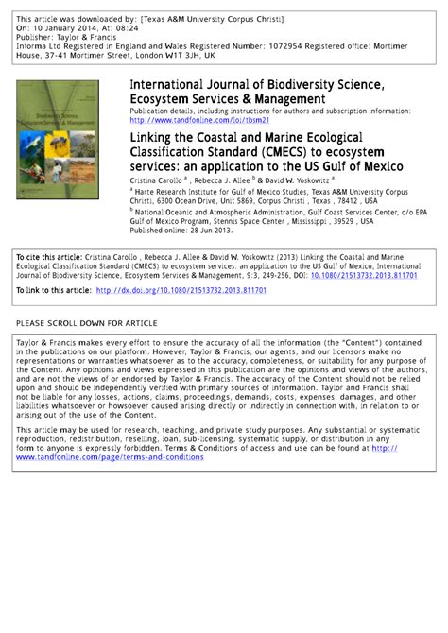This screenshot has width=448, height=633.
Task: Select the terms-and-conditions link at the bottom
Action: tap(109, 457)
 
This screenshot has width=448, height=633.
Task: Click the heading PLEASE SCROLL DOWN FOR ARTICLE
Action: tap(87, 323)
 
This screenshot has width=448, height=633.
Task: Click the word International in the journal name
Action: tap(168, 85)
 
